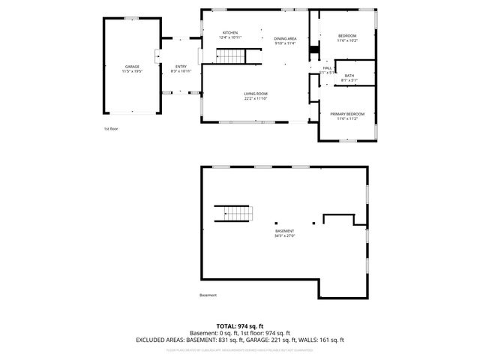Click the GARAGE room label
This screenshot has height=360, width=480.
coord(132,67)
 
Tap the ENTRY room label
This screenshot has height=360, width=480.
coord(181,67)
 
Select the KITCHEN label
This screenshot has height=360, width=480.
coord(230,33)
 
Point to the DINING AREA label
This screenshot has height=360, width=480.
coord(285,38)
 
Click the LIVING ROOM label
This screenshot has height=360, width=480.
coord(255,94)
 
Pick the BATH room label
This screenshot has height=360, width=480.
coord(349,76)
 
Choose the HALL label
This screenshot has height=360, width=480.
coord(327,68)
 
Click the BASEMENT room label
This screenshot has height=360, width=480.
coord(284,231)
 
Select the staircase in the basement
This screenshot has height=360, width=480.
coord(233,214)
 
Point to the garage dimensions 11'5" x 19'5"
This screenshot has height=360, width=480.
coord(132,71)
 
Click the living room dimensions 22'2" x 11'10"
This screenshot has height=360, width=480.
coord(255,98)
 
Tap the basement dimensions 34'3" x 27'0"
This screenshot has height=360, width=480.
coord(284,235)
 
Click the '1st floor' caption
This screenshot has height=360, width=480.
coord(111,129)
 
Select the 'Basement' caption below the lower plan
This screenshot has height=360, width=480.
coord(208,295)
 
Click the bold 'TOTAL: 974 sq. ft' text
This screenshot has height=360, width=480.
coord(239,325)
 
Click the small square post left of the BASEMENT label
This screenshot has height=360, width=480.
coord(275,223)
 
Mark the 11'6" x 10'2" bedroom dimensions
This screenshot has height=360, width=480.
coord(347,40)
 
